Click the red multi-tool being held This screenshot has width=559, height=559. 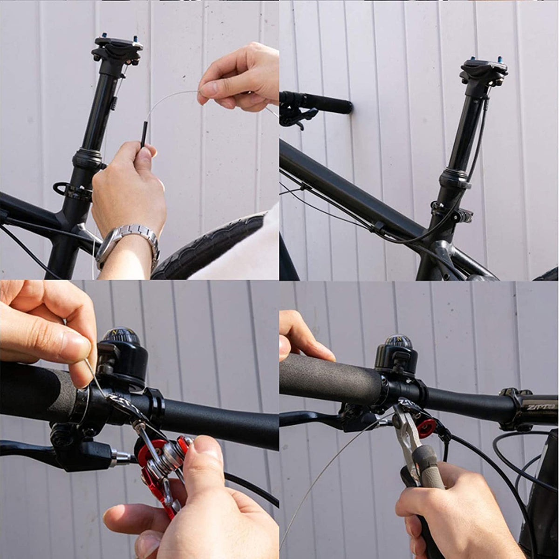(161, 470)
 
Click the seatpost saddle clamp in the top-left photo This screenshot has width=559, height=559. (116, 49)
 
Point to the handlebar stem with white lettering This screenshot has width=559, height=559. (531, 408)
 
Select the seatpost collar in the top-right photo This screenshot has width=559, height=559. (454, 177)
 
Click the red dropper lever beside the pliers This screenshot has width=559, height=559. (426, 429)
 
